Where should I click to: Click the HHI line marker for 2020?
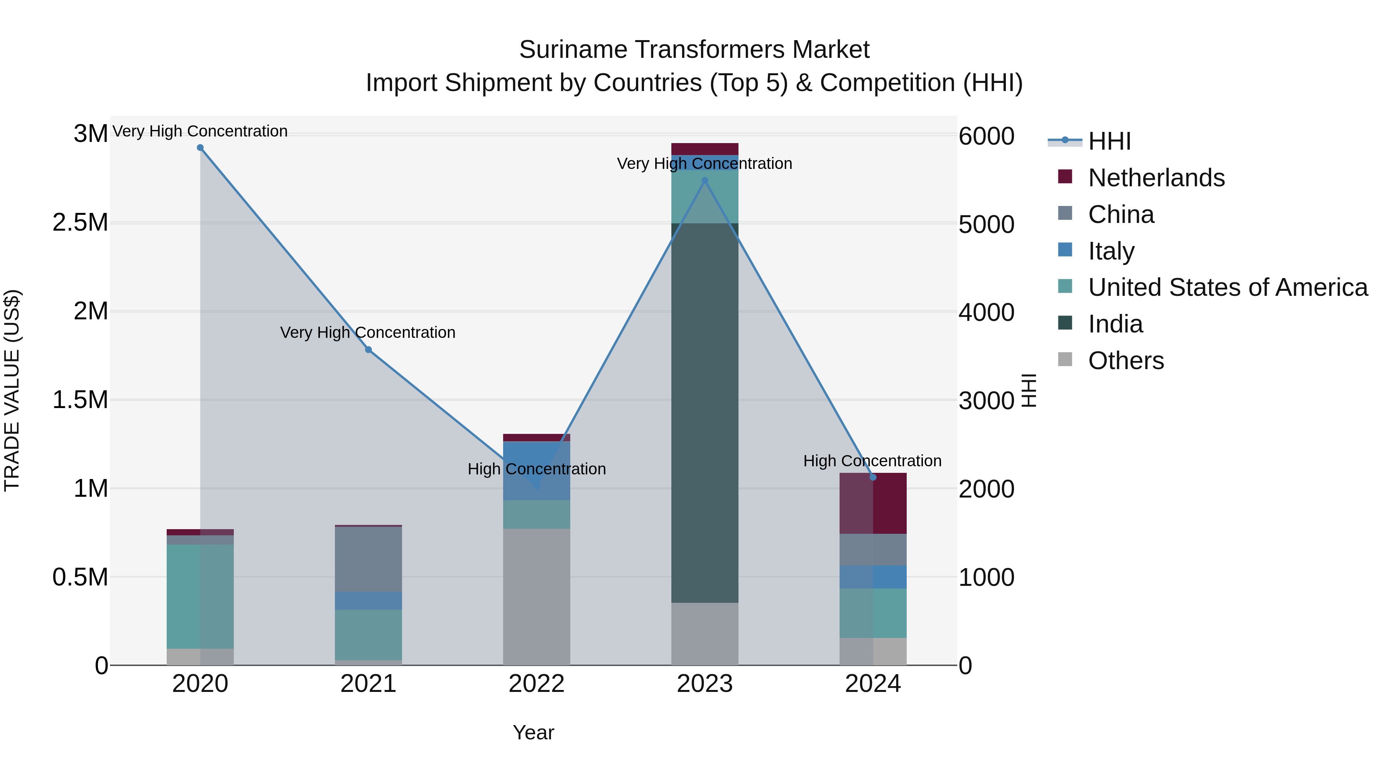(x=200, y=148)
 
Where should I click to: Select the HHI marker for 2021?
(x=368, y=350)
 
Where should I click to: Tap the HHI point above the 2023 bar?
(x=705, y=180)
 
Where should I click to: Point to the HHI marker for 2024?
(x=873, y=477)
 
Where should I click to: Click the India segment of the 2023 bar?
(x=705, y=412)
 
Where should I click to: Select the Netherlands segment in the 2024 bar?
(x=873, y=503)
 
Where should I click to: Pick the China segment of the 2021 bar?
(x=368, y=559)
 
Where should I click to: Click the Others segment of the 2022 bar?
(x=537, y=597)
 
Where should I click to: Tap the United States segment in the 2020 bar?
(x=200, y=596)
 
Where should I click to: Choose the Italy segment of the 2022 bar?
(x=537, y=471)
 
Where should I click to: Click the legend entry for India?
(x=1115, y=324)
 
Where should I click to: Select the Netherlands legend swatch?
(x=1065, y=177)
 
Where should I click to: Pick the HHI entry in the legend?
(x=1109, y=141)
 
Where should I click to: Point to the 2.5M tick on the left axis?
(x=80, y=223)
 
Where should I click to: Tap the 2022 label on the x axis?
(x=537, y=684)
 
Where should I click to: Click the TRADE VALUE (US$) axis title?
(x=12, y=390)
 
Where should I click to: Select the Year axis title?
(x=533, y=732)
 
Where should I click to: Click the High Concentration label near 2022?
(x=537, y=469)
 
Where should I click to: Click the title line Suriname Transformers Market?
(x=694, y=50)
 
